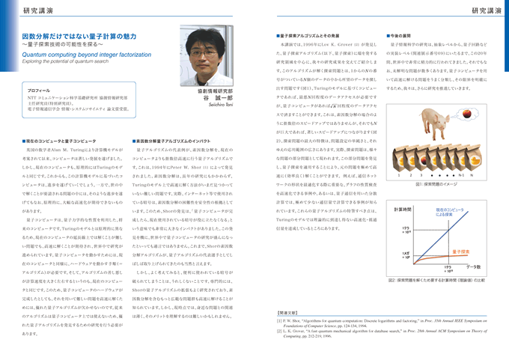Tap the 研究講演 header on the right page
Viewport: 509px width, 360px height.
[482, 9]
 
